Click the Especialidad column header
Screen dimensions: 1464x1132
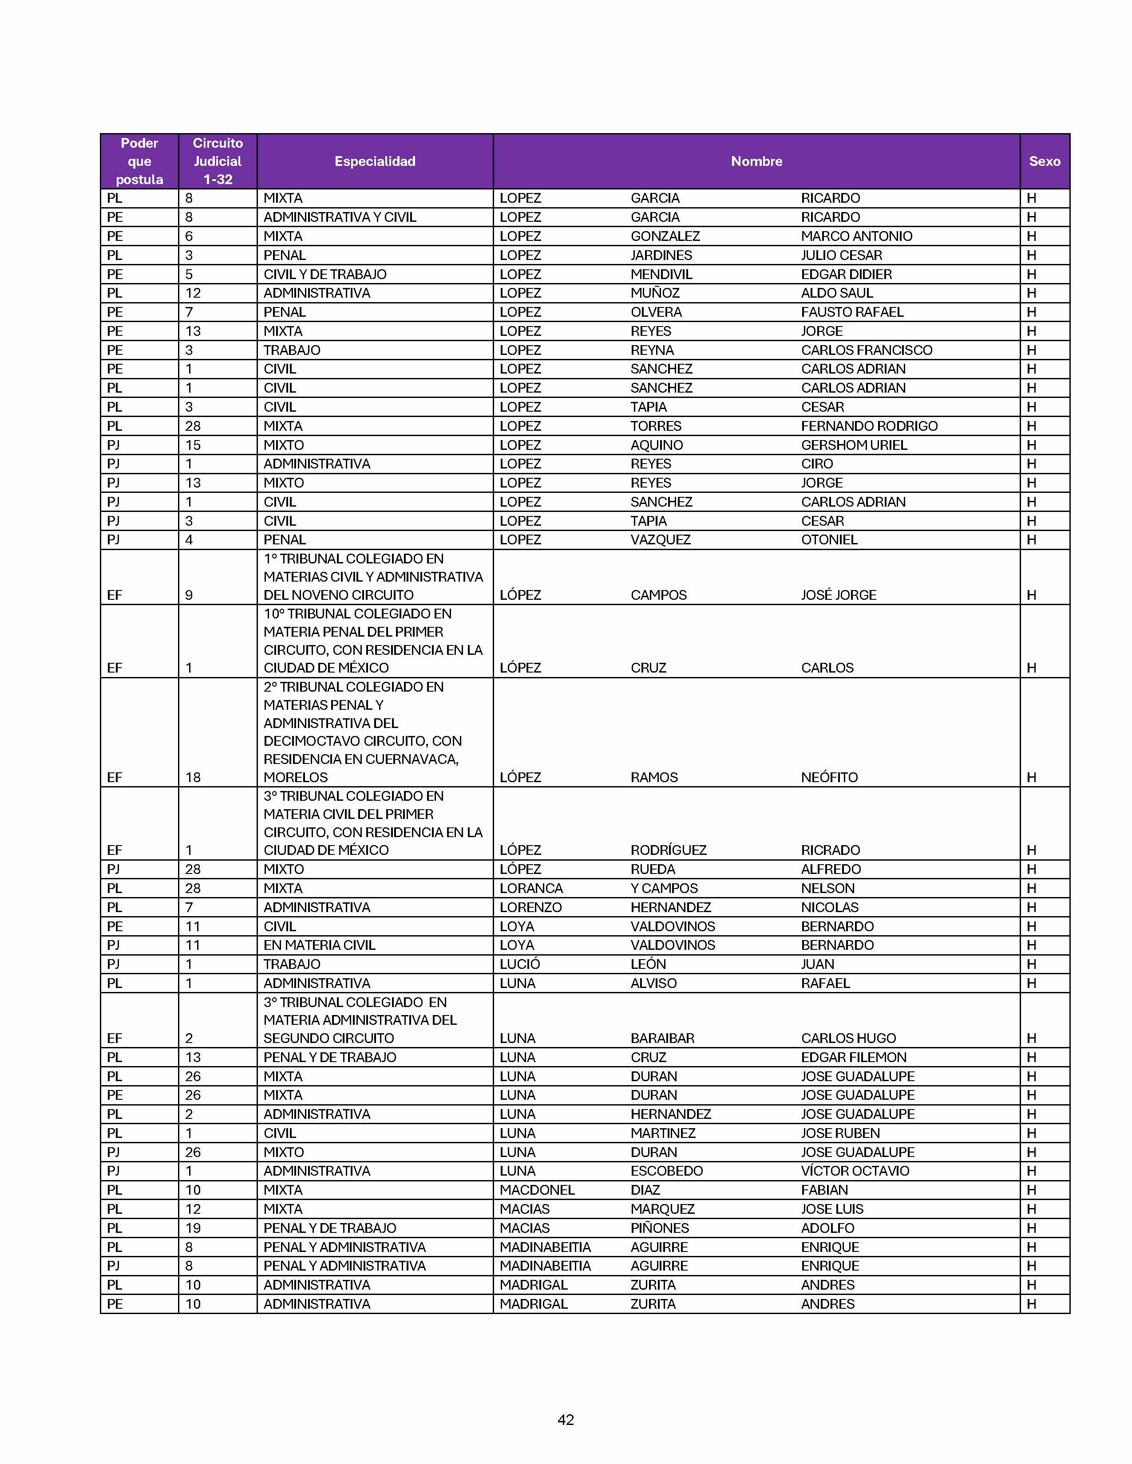(375, 161)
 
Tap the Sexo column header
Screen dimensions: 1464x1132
(1044, 161)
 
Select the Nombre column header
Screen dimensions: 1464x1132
(756, 161)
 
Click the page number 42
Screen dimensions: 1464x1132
(565, 1419)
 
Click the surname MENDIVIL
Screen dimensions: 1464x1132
(661, 274)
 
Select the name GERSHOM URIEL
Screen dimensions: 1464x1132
(854, 445)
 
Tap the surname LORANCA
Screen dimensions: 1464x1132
(531, 888)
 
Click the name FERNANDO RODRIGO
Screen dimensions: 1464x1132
(869, 425)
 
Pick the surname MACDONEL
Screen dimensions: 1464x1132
(537, 1190)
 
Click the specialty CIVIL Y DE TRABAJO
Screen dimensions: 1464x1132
(325, 274)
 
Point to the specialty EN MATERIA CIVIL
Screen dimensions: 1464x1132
(319, 945)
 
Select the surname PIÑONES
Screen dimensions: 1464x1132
(660, 1228)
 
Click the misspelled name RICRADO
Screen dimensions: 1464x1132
(830, 850)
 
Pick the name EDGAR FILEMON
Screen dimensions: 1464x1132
(854, 1057)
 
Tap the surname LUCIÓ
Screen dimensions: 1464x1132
(520, 964)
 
